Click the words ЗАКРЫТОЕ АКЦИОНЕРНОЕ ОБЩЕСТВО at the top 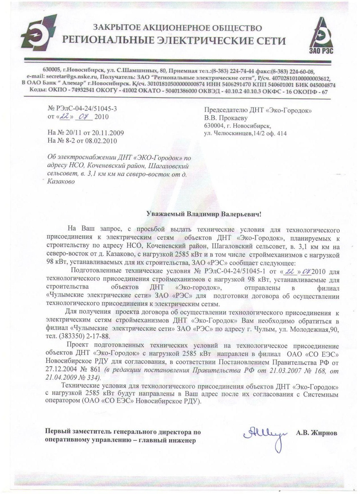click(175, 29)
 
